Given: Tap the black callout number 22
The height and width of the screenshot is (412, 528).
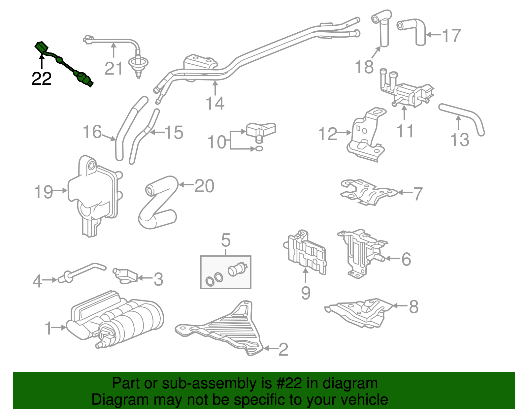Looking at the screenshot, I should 42,79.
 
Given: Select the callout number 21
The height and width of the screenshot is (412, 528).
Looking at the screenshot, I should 114,69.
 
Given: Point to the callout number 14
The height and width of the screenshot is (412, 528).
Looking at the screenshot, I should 215,104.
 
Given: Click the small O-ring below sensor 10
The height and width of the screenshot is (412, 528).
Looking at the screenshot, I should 259,149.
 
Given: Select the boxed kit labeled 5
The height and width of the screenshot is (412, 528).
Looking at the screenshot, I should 226,272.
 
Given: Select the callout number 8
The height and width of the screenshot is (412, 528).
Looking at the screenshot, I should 413,307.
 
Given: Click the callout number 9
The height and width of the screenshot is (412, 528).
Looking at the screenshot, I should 306,293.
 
